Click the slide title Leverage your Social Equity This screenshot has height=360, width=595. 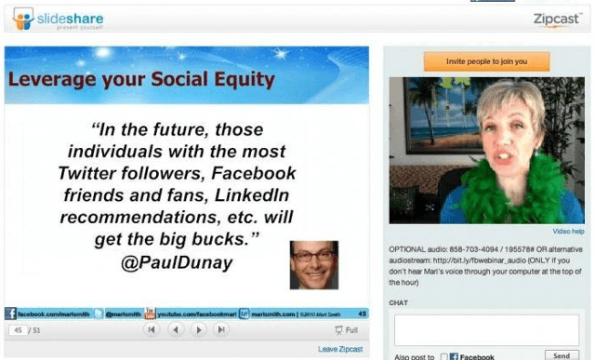[x=141, y=80]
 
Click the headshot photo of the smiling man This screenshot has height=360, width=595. [x=313, y=264]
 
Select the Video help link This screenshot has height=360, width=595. [x=568, y=231]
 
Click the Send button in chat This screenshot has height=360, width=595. [x=562, y=355]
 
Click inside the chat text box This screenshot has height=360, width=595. [x=486, y=330]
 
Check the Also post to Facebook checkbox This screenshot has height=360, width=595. [x=444, y=356]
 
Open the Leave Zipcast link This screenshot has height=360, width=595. [x=339, y=349]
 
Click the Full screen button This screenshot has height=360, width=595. [x=346, y=330]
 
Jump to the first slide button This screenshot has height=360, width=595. [x=152, y=330]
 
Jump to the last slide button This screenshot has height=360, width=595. [x=221, y=330]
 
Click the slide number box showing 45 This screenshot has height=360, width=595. [x=18, y=330]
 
